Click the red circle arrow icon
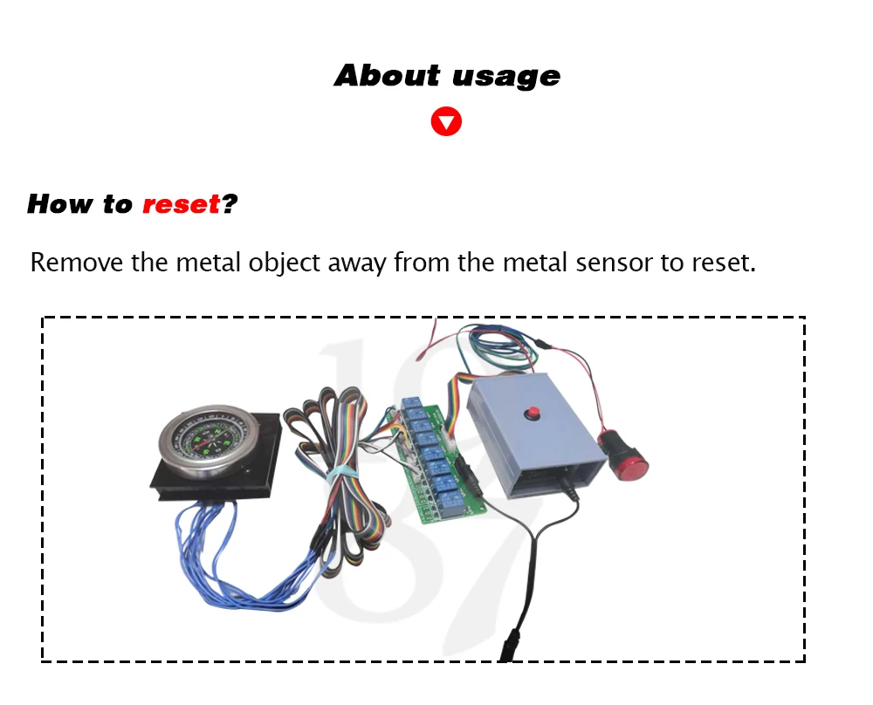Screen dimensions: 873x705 tap(446, 121)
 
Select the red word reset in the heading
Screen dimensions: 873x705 tap(181, 204)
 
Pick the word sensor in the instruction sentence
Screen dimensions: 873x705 tap(615, 262)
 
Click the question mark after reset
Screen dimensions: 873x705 tap(230, 204)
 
